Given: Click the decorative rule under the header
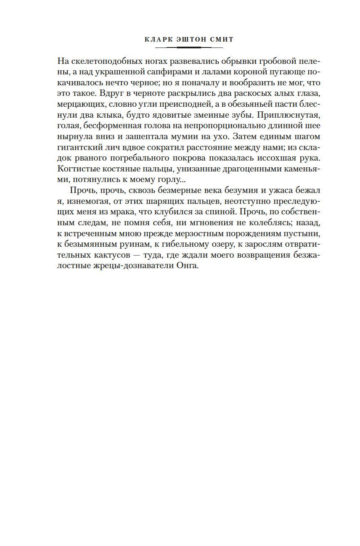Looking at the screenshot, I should click(x=188, y=47).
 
